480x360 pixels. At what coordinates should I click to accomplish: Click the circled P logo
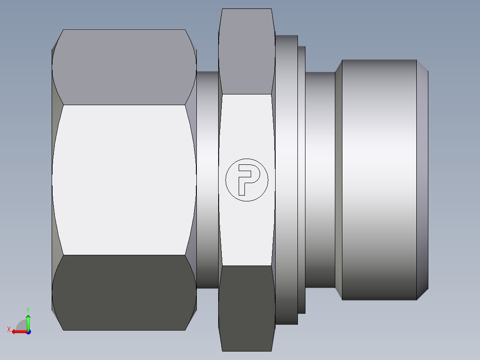(247, 180)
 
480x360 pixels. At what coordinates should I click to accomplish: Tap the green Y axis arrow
(28, 322)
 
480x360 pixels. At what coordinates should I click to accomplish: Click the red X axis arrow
(20, 332)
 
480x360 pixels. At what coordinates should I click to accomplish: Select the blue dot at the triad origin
(28, 332)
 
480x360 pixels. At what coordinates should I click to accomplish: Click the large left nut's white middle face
(124, 180)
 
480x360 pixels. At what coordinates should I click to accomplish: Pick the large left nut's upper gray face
(124, 67)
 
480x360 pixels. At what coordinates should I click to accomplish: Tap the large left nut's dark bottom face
(124, 293)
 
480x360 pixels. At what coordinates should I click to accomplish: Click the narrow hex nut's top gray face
(247, 51)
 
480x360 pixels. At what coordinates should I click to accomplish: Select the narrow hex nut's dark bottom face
(247, 308)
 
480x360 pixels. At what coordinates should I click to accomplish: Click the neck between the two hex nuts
(207, 180)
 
